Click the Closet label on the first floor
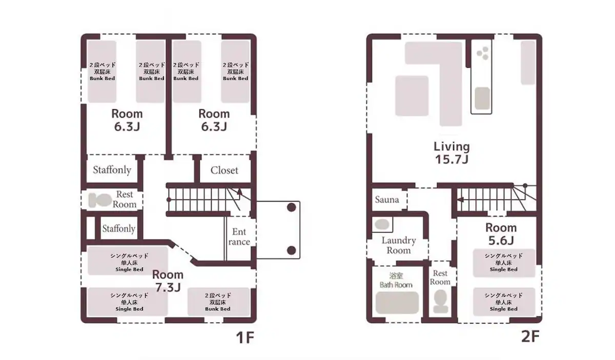(224, 170)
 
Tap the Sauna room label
(387, 199)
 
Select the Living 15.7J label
(452, 153)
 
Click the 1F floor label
(245, 337)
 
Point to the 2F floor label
(530, 336)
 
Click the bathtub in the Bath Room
(397, 303)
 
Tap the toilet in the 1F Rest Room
(100, 200)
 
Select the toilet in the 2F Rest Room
(440, 301)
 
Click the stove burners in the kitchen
(483, 53)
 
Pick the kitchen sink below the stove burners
(482, 98)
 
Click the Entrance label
(239, 236)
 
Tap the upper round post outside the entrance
(291, 207)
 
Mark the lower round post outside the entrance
(291, 250)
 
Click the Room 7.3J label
(168, 281)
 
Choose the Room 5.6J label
(501, 234)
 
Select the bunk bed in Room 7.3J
(218, 302)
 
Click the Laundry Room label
(399, 246)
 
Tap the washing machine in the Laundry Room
(382, 225)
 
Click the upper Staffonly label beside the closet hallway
(112, 170)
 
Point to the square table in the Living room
(412, 95)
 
